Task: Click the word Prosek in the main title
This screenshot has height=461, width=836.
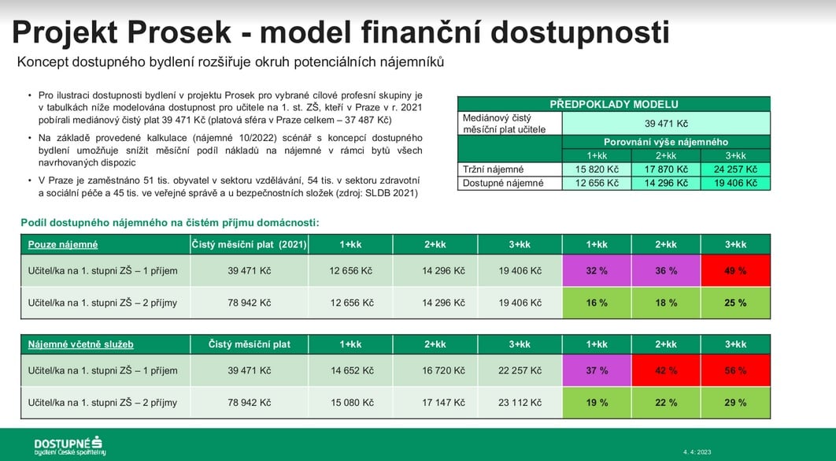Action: [x=179, y=32]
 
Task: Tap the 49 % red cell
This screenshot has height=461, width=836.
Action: [x=735, y=270]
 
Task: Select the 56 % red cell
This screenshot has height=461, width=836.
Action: [x=735, y=370]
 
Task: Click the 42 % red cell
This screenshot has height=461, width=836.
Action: [x=666, y=370]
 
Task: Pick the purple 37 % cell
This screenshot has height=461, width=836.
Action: [x=597, y=370]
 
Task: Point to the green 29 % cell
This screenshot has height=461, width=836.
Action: [x=735, y=403]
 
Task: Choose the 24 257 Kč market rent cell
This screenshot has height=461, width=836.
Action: [x=735, y=169]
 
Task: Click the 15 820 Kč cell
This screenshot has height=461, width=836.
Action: [x=597, y=169]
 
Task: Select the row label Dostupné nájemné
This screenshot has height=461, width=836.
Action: [x=503, y=183]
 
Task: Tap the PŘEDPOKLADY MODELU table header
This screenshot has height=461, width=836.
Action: [x=614, y=104]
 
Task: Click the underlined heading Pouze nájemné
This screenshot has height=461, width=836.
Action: [x=63, y=244]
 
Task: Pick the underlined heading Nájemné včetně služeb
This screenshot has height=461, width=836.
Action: [x=80, y=344]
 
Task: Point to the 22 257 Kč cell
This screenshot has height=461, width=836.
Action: [x=520, y=370]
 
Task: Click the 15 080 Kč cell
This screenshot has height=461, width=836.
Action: [x=352, y=403]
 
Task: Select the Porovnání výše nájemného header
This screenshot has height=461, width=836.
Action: [x=666, y=142]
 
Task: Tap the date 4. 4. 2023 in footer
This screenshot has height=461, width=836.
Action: [x=697, y=452]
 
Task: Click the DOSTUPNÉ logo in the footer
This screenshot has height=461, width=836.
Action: [x=69, y=445]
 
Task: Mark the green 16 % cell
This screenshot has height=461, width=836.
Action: [x=597, y=303]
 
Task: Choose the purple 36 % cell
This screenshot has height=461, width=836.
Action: [x=666, y=270]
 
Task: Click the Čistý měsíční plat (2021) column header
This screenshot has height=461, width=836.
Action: [x=249, y=244]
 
